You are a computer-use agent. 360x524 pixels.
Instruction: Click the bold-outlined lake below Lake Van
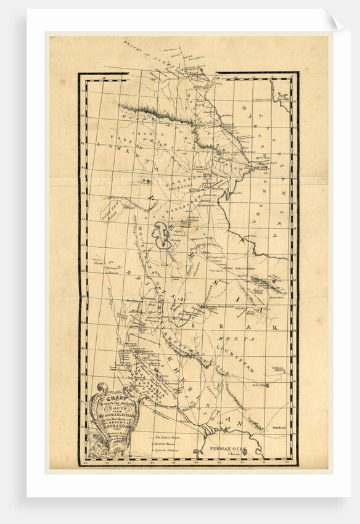pyautogui.click(x=163, y=237)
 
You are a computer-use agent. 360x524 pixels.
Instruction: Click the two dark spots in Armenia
pyautogui.click(x=145, y=181)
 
